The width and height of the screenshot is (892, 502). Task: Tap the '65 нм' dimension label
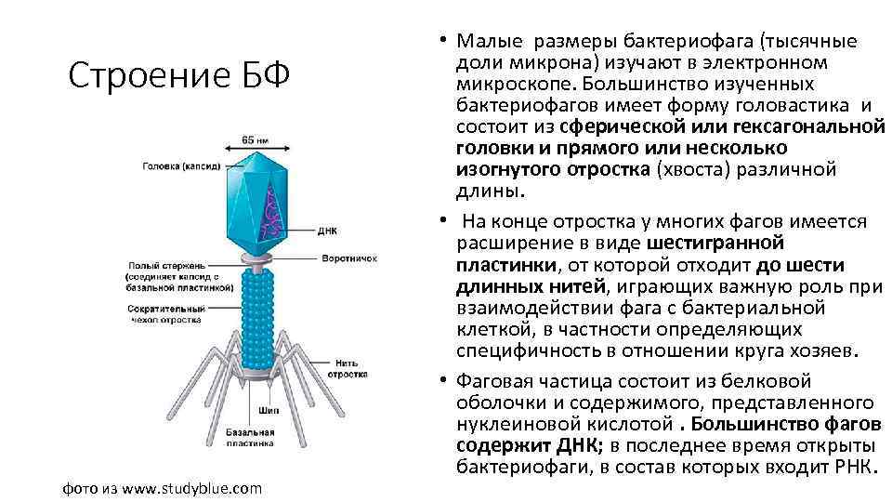tap(255, 139)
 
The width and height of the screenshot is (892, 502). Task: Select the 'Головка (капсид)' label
tap(181, 167)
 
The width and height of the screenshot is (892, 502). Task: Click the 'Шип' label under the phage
tap(269, 409)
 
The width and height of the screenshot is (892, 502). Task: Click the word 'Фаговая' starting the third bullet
tap(496, 381)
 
